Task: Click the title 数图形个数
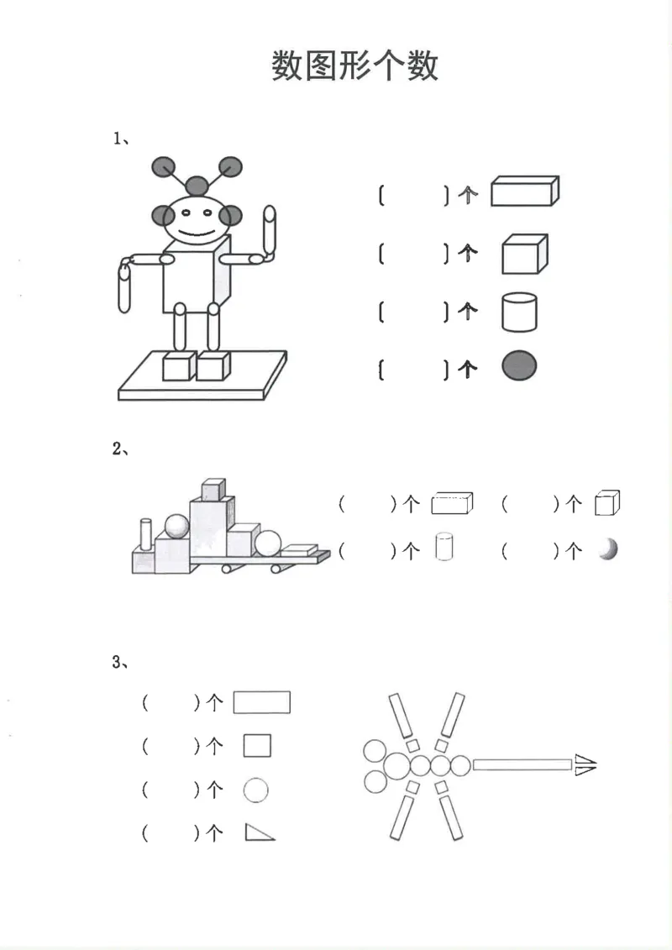click(354, 66)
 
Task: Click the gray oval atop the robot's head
click(197, 186)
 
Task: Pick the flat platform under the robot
click(202, 383)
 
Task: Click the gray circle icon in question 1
click(519, 367)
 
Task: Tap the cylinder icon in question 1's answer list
click(519, 312)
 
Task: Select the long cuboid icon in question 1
click(524, 192)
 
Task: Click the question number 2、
click(120, 449)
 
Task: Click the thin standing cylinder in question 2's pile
click(146, 533)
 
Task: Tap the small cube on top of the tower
click(213, 489)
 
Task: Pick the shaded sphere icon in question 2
click(609, 550)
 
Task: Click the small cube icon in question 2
click(606, 503)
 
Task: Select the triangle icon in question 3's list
click(259, 832)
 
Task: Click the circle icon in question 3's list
click(256, 790)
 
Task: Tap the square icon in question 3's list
click(257, 746)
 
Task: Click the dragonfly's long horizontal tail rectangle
click(522, 764)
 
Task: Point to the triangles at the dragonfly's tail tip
click(585, 764)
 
